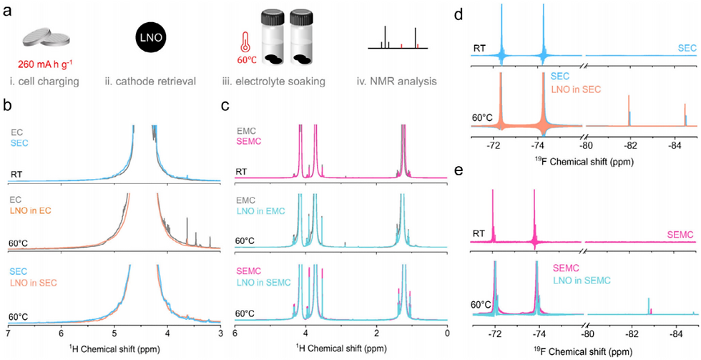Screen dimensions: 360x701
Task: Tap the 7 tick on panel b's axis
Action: pos(7,333)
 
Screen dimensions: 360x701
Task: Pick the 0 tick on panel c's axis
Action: pos(447,333)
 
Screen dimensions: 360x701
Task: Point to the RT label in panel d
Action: pos(481,49)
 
